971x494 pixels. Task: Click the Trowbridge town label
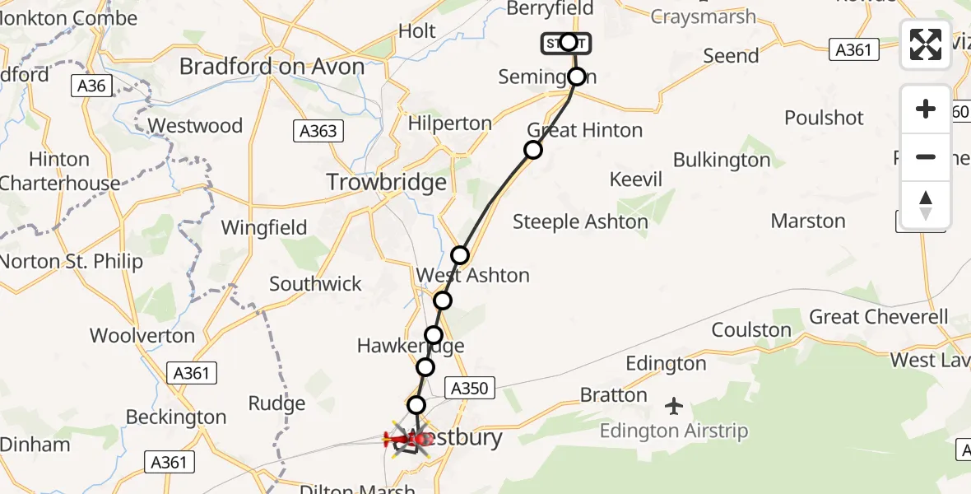387,182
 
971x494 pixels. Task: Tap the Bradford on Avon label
272,66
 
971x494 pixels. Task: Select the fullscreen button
926,44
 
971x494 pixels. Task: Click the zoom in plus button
926,109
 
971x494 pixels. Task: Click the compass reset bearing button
926,205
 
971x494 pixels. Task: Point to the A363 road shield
318,130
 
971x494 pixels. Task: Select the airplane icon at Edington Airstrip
674,406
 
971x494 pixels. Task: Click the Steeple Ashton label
580,221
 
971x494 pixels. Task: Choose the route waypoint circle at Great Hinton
533,149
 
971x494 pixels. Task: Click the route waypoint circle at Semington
577,77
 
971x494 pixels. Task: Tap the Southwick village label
316,284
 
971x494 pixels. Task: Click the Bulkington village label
722,160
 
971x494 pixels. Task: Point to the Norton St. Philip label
72,262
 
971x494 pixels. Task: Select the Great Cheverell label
879,317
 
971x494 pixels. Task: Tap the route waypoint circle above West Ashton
460,254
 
